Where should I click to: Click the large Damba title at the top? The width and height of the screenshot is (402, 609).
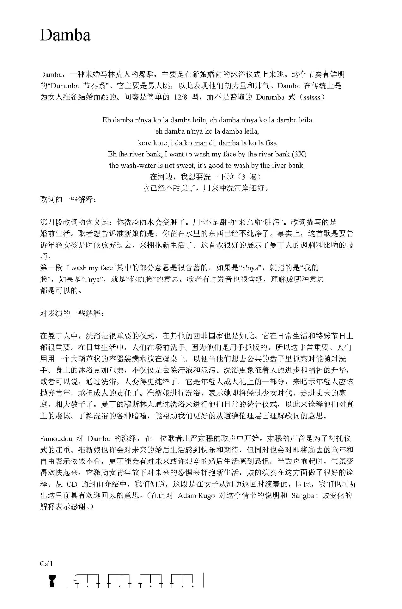65,35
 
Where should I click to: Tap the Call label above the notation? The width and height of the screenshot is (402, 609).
46,564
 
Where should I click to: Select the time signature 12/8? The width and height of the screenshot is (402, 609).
180,97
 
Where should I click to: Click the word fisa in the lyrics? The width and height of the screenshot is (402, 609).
271,143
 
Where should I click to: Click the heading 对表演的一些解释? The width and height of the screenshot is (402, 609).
72,313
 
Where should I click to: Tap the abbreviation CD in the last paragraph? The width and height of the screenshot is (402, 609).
72,484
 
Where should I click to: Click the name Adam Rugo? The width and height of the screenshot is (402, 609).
196,496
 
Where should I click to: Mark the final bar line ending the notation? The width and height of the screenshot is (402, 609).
203,580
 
